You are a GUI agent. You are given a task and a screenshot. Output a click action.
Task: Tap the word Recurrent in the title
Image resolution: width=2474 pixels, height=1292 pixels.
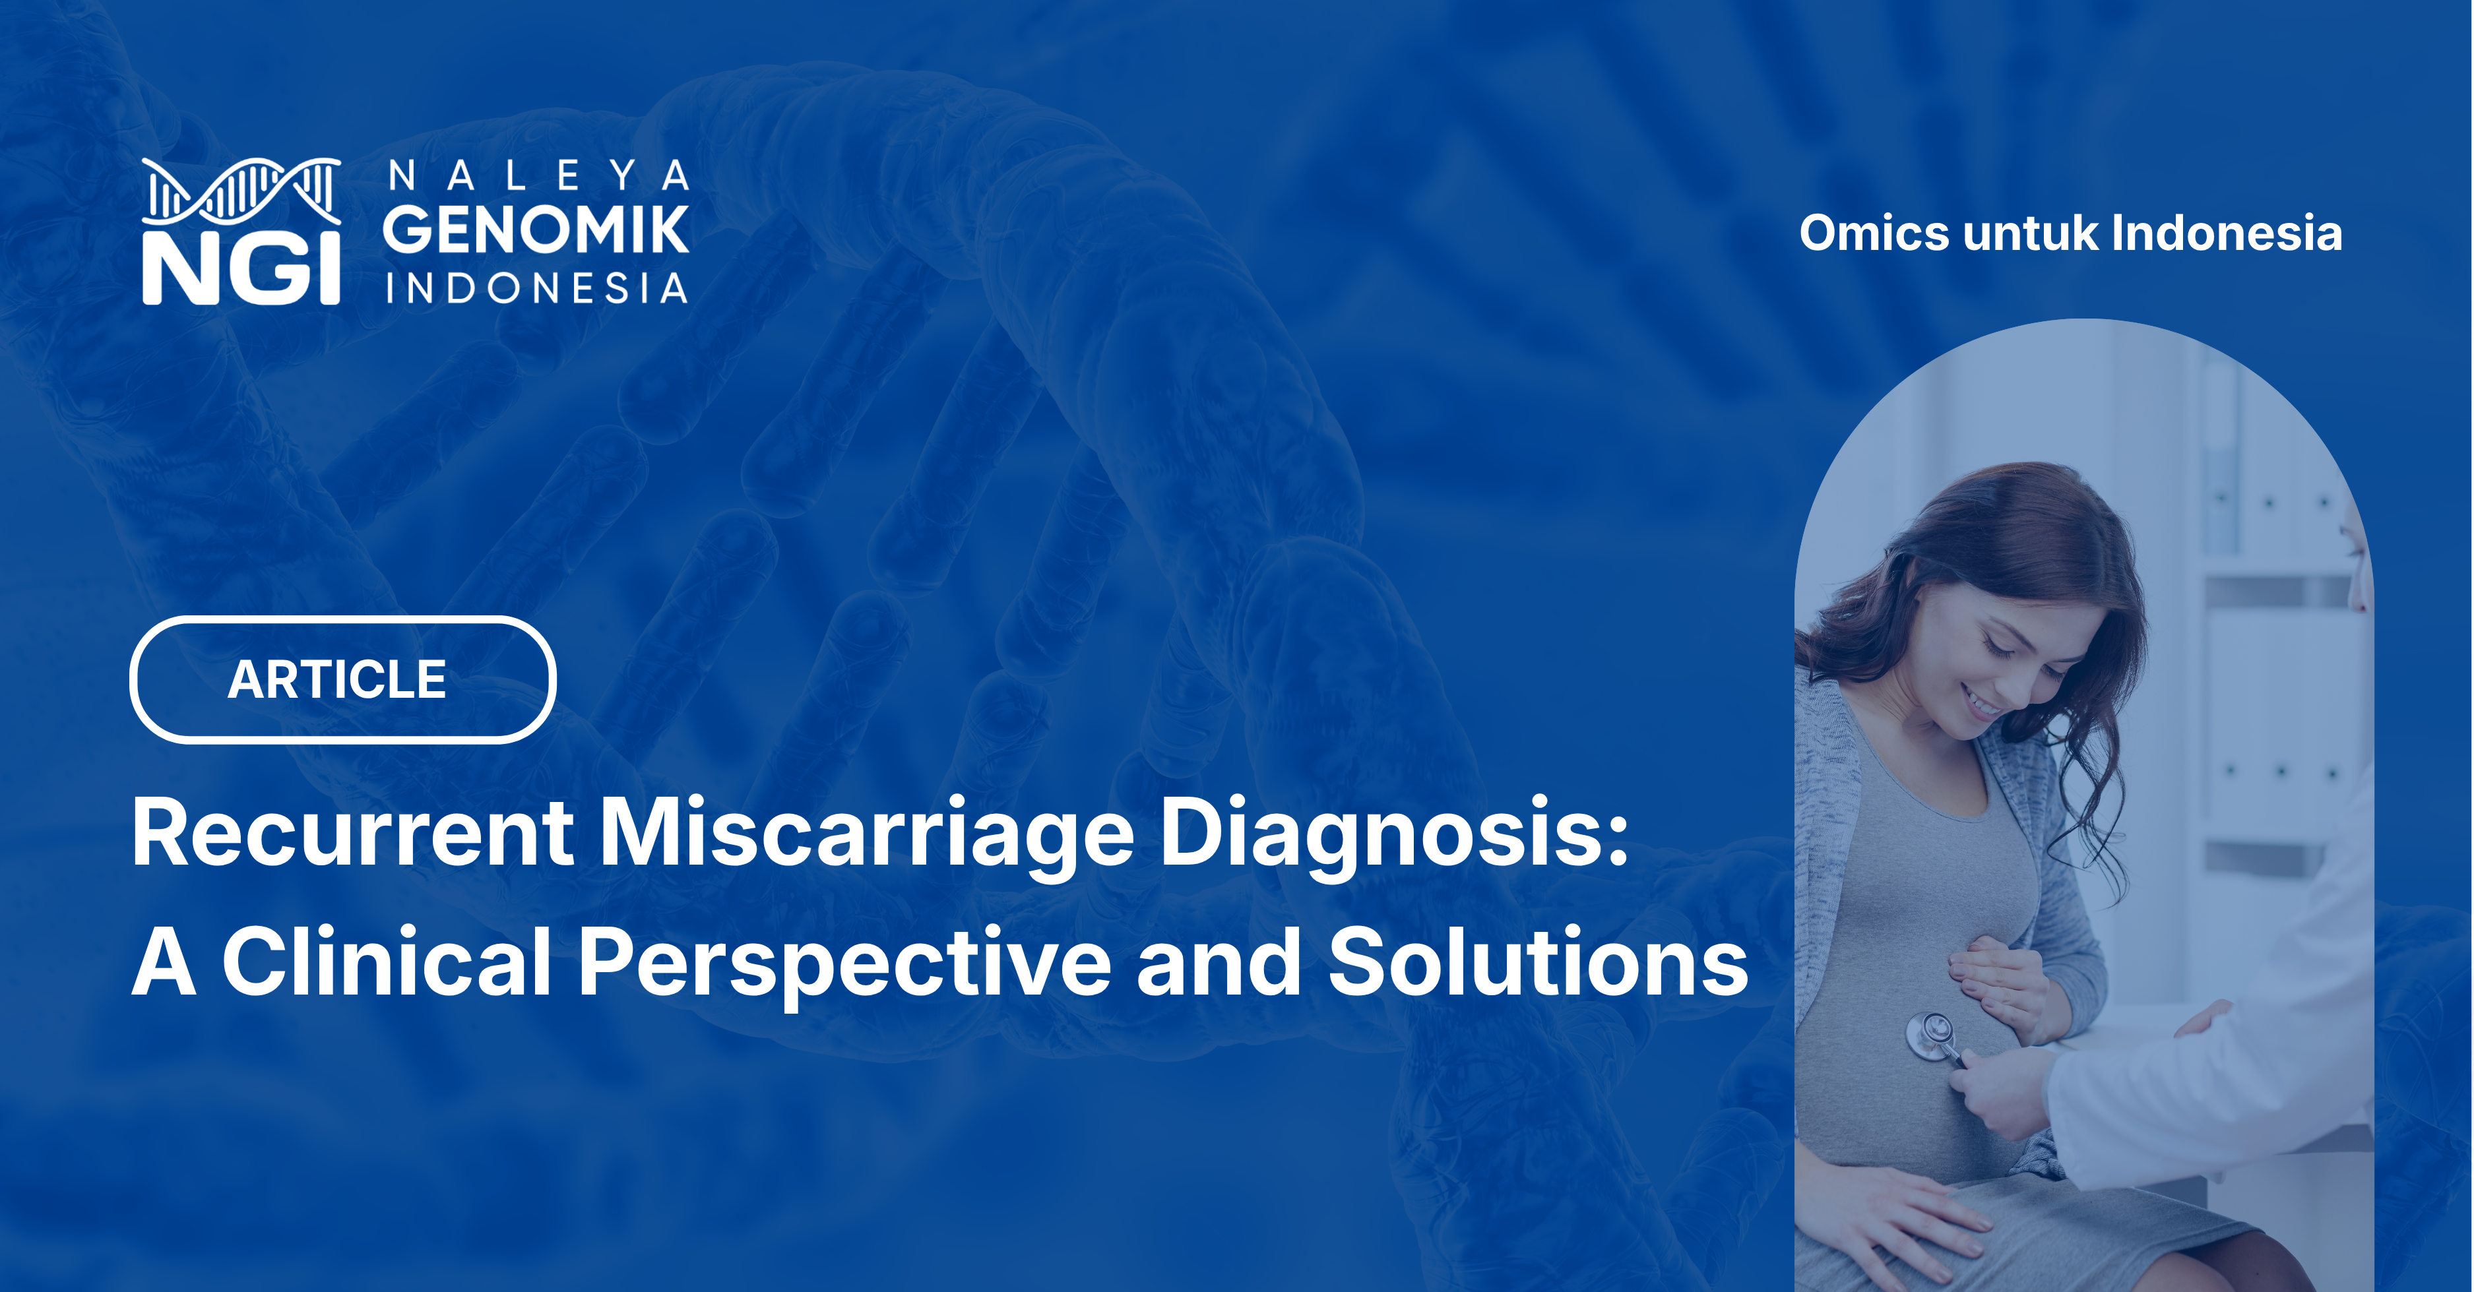click(352, 833)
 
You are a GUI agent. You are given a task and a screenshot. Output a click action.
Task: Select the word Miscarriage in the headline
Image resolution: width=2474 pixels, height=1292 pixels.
click(866, 833)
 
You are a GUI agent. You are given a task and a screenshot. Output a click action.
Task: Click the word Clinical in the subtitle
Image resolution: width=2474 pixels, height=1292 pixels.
click(386, 963)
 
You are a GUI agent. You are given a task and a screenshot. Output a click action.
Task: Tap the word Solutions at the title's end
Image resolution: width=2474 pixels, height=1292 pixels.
click(1537, 963)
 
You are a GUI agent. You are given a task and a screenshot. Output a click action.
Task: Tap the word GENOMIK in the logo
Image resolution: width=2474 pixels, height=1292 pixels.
click(536, 231)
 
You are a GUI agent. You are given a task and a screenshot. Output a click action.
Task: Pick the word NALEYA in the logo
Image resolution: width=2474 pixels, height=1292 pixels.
click(538, 175)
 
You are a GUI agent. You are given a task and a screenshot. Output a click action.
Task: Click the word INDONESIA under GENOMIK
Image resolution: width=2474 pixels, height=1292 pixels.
click(536, 288)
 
